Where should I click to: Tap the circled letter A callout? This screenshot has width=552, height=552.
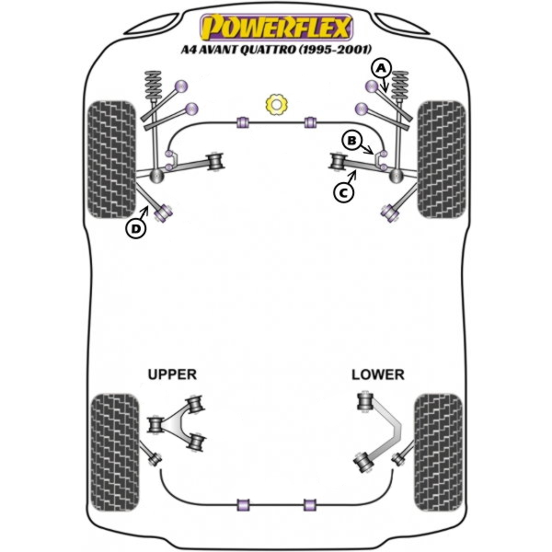(381, 68)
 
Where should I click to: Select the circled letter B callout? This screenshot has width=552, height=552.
(351, 140)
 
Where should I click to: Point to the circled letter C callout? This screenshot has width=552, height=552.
(343, 192)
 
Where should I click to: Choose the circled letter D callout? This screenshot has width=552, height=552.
(136, 228)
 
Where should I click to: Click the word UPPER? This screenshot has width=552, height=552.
(172, 374)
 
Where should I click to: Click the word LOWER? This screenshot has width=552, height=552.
(377, 374)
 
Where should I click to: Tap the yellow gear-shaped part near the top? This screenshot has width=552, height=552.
(275, 105)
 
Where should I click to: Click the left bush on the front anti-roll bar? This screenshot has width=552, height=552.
(244, 121)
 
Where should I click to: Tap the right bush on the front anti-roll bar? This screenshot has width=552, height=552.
(310, 121)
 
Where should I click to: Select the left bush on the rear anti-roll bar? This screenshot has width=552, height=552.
(244, 504)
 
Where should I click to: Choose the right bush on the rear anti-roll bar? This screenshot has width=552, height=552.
(310, 504)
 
